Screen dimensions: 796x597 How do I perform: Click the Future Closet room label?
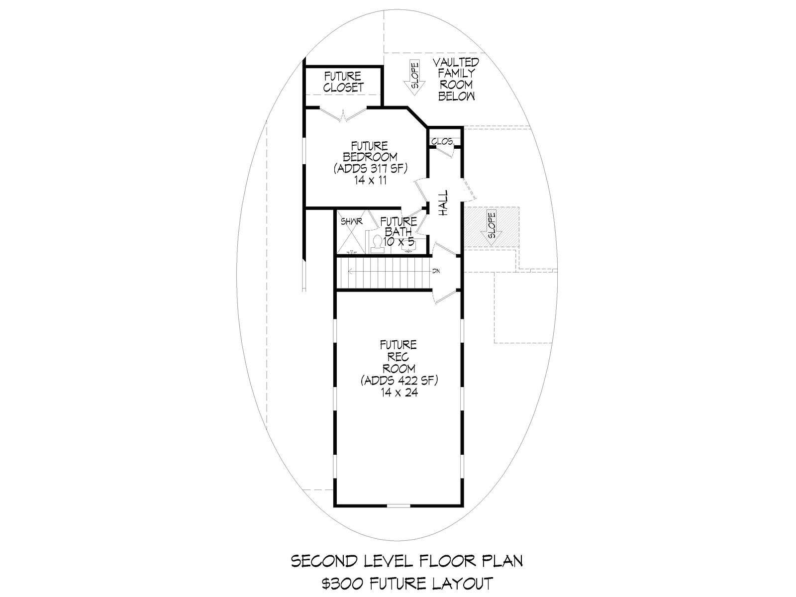coord(343,82)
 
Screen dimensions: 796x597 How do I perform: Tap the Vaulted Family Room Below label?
coord(456,79)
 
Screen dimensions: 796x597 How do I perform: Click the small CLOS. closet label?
coord(442,142)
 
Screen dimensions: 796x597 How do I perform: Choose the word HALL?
coord(443,203)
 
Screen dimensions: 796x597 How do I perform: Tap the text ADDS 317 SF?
coord(371,169)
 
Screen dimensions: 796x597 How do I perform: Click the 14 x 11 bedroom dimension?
coord(371,180)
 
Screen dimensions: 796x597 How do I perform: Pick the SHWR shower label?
coord(351,222)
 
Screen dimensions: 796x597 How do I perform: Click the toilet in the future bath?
coord(377,242)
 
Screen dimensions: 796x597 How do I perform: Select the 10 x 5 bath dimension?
coord(398,241)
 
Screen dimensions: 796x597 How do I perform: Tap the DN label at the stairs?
coord(436,271)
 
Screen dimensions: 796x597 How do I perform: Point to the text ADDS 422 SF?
coord(399,381)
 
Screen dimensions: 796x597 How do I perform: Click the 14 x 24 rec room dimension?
coord(399,392)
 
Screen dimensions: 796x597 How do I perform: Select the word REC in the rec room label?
coord(398,357)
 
